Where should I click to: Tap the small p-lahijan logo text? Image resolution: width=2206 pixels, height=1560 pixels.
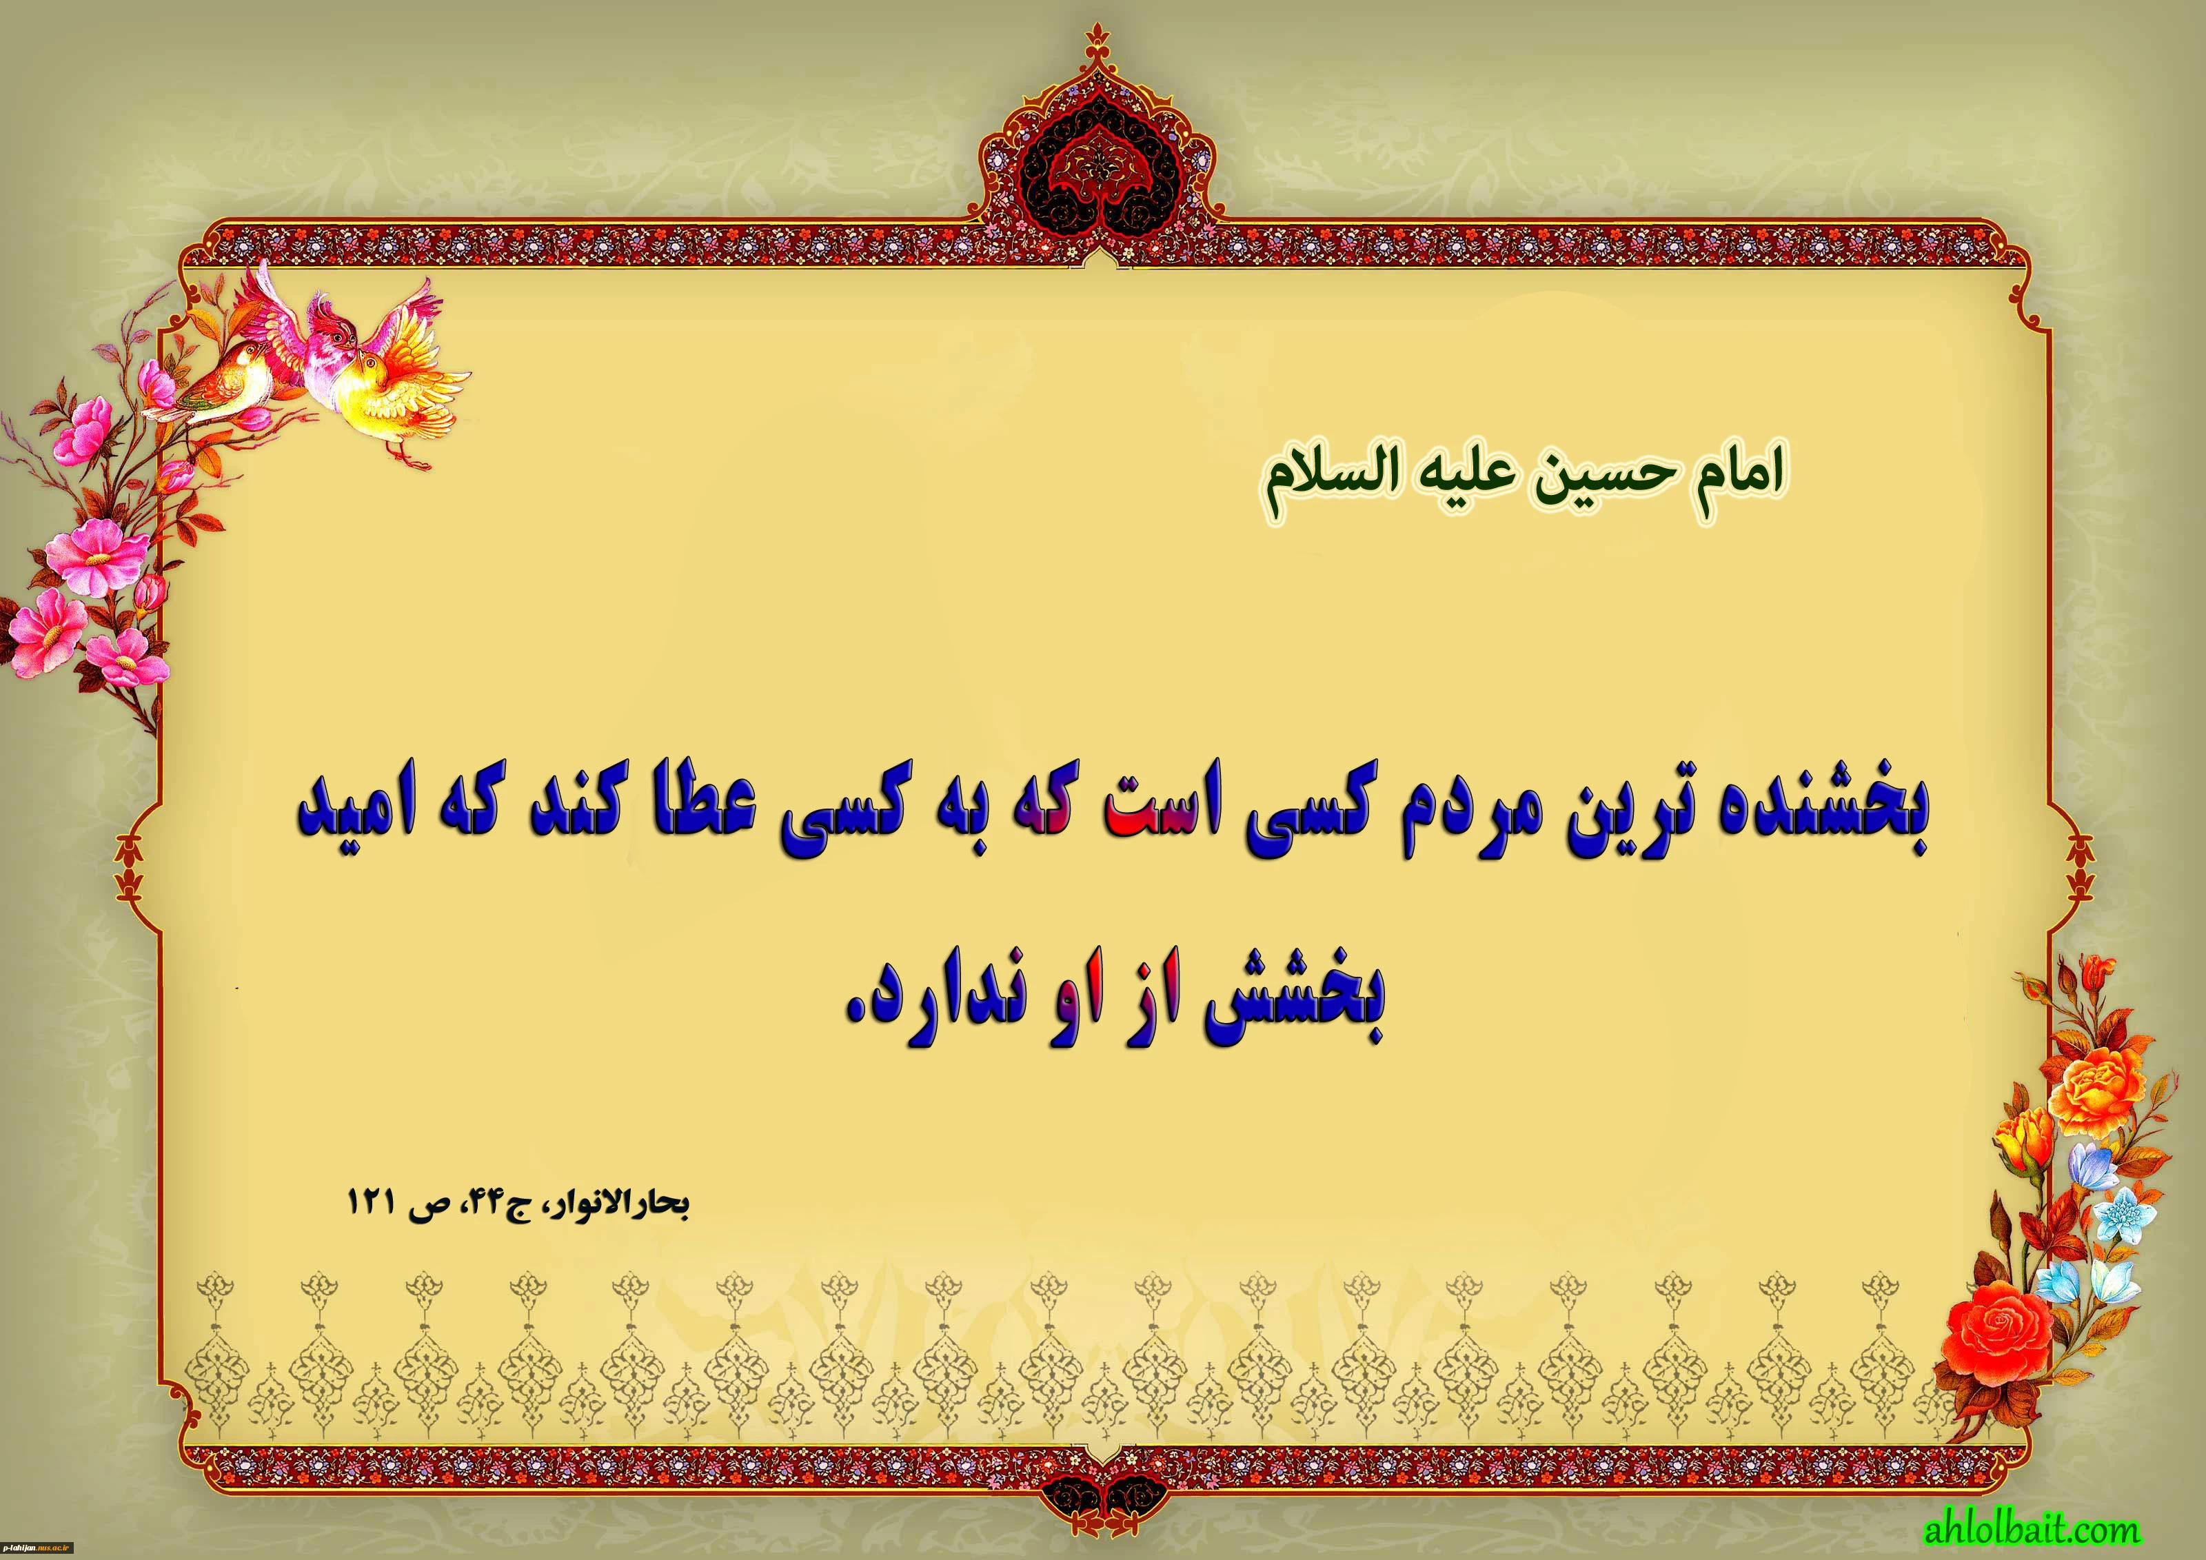click(x=39, y=1548)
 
